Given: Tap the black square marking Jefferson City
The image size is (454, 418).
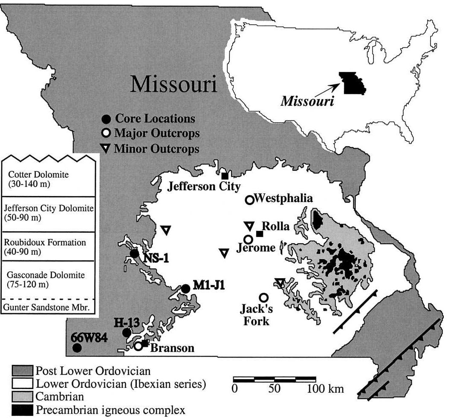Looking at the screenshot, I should (225, 176).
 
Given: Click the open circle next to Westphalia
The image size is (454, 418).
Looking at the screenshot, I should (249, 199).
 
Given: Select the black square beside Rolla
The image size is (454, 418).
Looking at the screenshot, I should (259, 233).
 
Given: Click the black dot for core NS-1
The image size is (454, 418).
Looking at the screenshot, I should (134, 254).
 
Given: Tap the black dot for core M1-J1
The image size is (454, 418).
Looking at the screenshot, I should (185, 288).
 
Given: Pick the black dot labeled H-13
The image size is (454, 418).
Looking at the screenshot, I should (127, 332).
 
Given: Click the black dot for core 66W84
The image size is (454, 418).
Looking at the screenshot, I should (77, 348).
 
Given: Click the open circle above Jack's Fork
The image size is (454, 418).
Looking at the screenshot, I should (263, 297).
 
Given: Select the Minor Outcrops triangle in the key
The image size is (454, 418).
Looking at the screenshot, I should (107, 149).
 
